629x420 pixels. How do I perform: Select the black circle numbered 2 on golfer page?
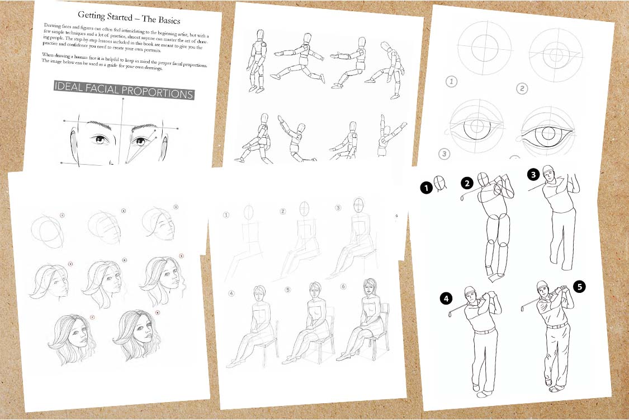pos(467,183)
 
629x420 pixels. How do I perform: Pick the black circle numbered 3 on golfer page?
pos(534,175)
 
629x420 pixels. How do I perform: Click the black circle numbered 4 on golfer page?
pos(446,298)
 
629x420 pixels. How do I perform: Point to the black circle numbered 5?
pos(579,287)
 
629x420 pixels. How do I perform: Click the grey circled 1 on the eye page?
pos(452,82)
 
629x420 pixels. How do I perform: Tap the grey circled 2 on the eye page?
pos(522,88)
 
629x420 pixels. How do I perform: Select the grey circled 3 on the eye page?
pos(445,153)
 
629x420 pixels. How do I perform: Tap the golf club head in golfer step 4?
pos(450,315)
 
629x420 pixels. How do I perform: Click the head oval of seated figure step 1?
pos(248,212)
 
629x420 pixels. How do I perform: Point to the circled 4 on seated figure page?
pos(231,292)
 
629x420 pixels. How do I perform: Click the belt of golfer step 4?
pos(485,332)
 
